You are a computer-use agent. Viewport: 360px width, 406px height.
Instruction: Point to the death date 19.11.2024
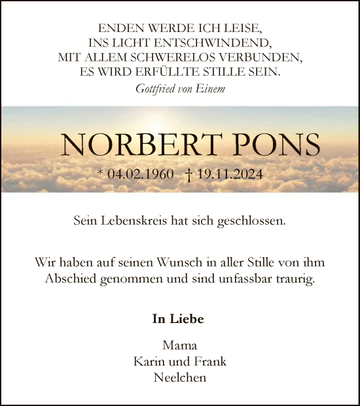pyautogui.click(x=228, y=175)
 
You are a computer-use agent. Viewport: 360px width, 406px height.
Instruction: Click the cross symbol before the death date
pyautogui.click(x=189, y=175)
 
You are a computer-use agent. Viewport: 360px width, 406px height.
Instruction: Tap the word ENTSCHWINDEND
pyautogui.click(x=204, y=43)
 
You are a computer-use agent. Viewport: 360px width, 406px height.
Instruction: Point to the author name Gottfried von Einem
pyautogui.click(x=179, y=88)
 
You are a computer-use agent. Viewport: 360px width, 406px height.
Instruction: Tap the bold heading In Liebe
pyautogui.click(x=178, y=319)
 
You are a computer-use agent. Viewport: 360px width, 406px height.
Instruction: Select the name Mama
pyautogui.click(x=179, y=345)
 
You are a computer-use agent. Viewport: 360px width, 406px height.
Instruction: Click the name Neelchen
pyautogui.click(x=179, y=378)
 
